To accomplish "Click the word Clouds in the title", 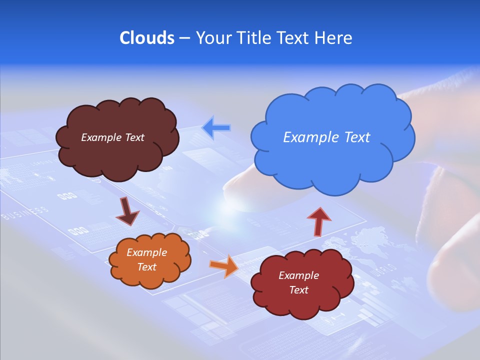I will coord(146,38).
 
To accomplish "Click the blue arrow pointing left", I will coord(216,127).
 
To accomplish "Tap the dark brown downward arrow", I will coord(127,211).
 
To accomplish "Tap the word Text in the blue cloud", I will coord(356,137).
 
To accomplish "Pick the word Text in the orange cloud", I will coord(146,267).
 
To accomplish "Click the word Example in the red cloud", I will coord(298,275).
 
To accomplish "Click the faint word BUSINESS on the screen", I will coord(25,213).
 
